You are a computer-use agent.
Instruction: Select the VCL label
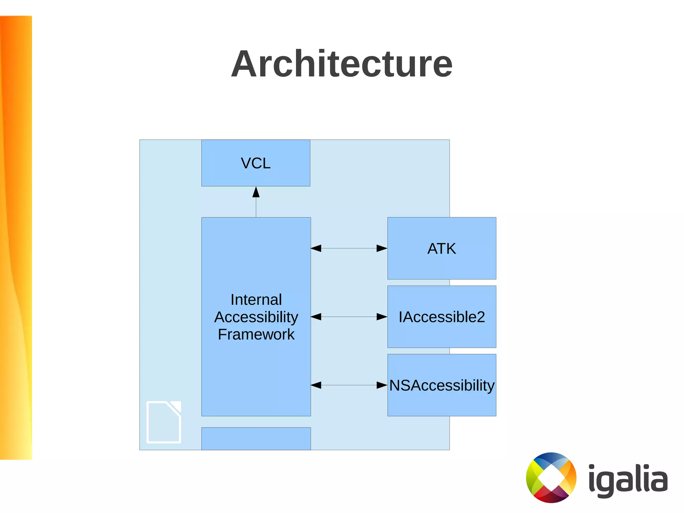(x=255, y=163)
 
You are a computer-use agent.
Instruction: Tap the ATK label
(x=442, y=249)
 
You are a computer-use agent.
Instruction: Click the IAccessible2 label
(x=442, y=317)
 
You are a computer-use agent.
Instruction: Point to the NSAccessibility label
(x=442, y=385)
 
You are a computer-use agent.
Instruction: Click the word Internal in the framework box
(x=256, y=299)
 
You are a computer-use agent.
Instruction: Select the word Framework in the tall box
(x=256, y=334)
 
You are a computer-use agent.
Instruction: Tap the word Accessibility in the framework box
(x=256, y=317)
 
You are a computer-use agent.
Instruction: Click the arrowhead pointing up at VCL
(x=256, y=192)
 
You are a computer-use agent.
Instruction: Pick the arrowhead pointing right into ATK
(x=382, y=248)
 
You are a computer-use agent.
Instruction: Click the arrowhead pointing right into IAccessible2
(x=382, y=317)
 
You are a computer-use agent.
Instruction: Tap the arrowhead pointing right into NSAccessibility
(x=382, y=385)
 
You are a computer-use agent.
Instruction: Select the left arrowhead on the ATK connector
(x=316, y=248)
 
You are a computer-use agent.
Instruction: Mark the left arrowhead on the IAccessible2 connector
(x=316, y=317)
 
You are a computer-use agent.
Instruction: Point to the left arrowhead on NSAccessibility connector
(x=316, y=385)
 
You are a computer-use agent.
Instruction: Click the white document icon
(x=164, y=422)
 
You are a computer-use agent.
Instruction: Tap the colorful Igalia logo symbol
(x=551, y=478)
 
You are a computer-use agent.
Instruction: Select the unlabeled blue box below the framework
(x=256, y=438)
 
